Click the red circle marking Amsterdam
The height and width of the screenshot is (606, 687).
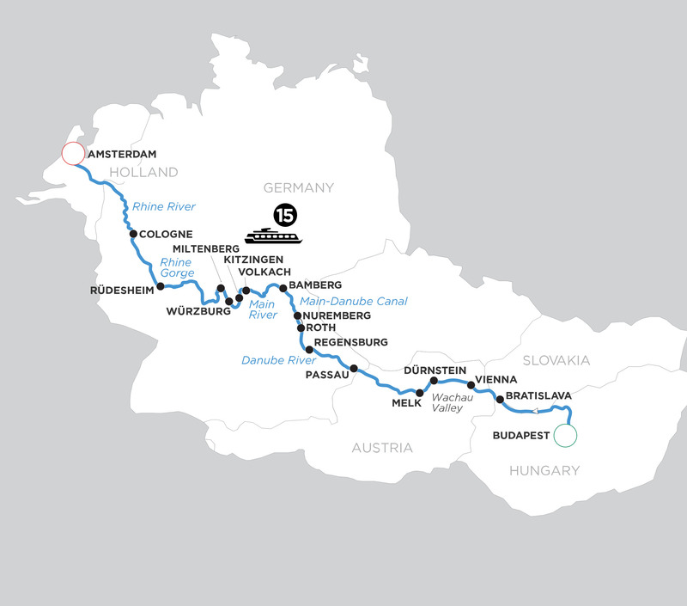click(x=73, y=156)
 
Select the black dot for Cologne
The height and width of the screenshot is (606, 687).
click(x=133, y=233)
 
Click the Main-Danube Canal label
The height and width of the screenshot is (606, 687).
click(x=352, y=301)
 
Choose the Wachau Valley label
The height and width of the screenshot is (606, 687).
click(x=452, y=403)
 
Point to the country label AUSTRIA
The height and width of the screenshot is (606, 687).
click(x=381, y=448)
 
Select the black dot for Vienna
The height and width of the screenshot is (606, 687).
click(x=470, y=387)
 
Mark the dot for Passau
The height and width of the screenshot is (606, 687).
click(x=353, y=368)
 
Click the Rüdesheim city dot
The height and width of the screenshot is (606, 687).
click(x=160, y=287)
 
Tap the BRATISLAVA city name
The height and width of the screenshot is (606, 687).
click(x=539, y=395)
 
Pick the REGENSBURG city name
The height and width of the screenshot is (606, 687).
click(x=351, y=342)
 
